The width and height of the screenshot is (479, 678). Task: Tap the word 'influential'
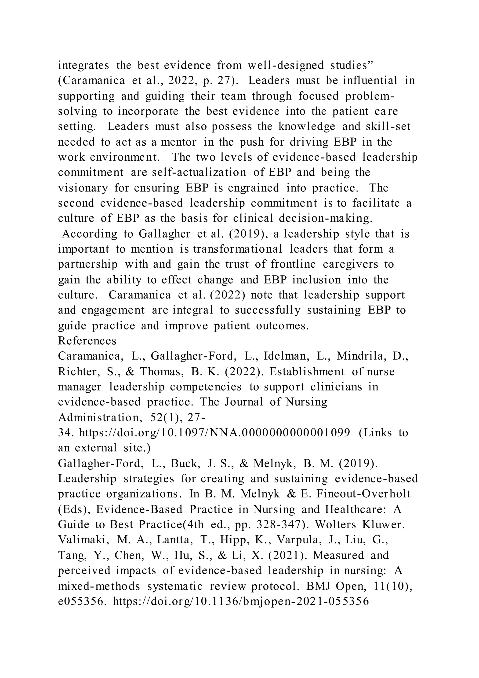[370, 81]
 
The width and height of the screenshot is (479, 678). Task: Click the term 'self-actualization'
[199, 173]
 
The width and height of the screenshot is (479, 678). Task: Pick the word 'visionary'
[83, 188]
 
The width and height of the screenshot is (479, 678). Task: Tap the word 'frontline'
[294, 264]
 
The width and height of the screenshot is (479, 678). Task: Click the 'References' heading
[87, 341]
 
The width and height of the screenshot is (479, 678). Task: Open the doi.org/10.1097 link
[215, 433]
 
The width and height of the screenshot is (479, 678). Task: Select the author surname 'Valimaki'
[82, 540]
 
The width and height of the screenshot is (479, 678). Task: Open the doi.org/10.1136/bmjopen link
[241, 602]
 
